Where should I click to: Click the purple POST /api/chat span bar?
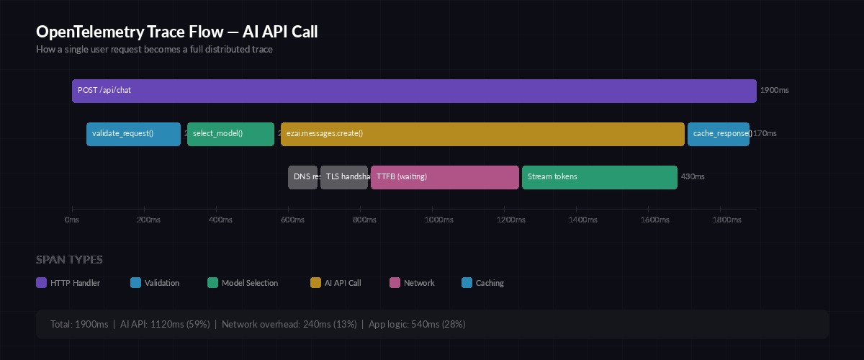coord(414,91)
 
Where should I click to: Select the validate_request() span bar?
coord(133,134)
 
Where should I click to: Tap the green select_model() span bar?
coord(230,134)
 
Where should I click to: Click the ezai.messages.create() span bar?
coord(482,134)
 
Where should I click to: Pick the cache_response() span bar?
coord(718,134)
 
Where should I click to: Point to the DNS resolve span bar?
coord(303,177)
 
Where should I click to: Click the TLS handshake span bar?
coord(344,177)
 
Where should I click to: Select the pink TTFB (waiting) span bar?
coord(445,177)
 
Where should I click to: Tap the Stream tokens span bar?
coord(599,177)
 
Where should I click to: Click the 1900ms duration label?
coord(775,91)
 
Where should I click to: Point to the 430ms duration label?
coord(693,177)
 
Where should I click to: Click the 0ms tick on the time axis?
coord(72,220)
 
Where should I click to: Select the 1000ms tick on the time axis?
coord(433,220)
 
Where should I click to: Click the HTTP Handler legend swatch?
coord(41,283)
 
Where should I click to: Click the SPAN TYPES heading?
coord(69,260)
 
